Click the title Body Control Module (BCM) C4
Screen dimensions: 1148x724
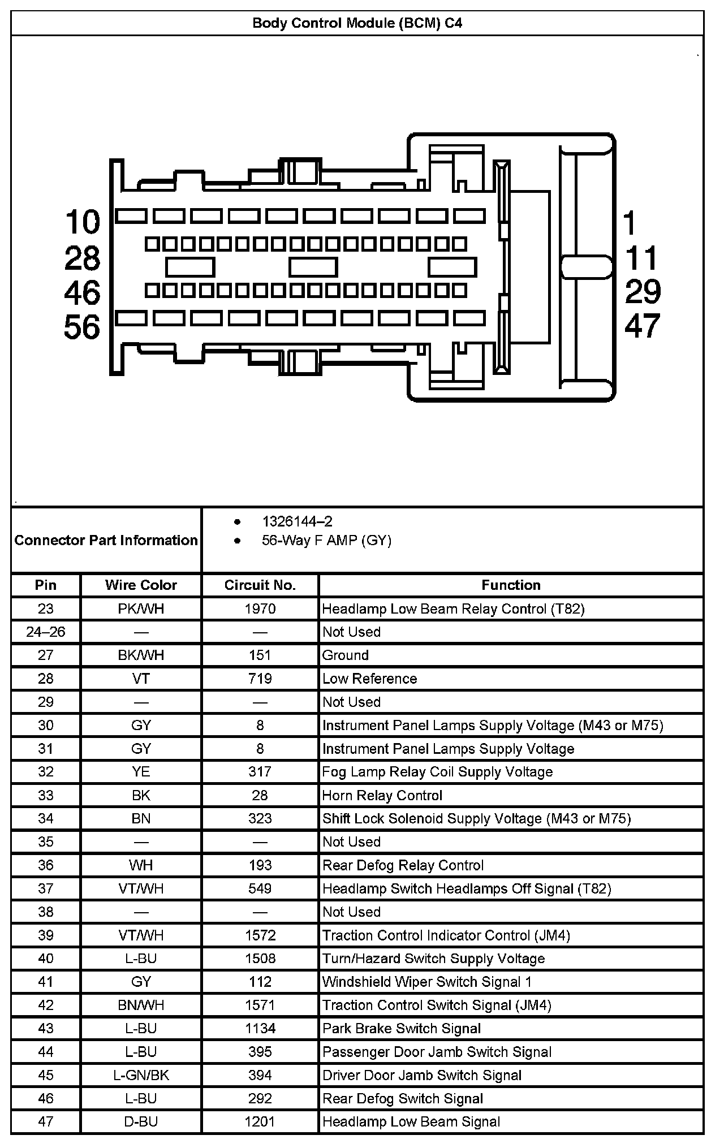[357, 23]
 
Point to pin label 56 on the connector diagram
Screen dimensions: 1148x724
[82, 327]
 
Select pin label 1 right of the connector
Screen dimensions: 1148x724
[630, 223]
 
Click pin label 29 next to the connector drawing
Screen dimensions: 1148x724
[643, 292]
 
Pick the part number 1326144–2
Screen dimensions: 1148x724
[297, 521]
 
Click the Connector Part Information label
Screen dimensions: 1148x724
[106, 540]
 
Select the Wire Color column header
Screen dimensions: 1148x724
[141, 585]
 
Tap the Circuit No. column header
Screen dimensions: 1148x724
[260, 585]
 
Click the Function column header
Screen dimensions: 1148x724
[511, 585]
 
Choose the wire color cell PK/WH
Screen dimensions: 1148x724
[141, 608]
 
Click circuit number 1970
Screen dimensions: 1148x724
[260, 608]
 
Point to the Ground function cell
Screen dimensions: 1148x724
[346, 655]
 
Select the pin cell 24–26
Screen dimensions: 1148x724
[46, 632]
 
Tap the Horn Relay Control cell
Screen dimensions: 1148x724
[382, 795]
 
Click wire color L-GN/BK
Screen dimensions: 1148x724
[141, 1075]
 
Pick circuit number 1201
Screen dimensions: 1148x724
[260, 1121]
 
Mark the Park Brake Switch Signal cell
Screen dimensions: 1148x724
[402, 1028]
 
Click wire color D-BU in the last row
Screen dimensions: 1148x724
[141, 1121]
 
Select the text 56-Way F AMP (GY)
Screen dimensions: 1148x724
[326, 540]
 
